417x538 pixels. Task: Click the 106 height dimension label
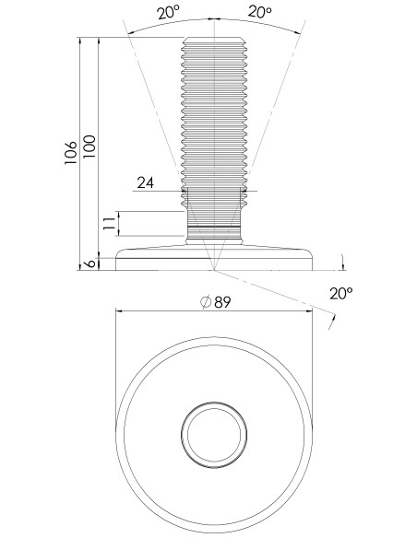[x=71, y=152]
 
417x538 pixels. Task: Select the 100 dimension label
[x=89, y=146]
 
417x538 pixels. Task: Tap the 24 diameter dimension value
[x=145, y=183]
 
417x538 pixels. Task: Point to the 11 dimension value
[x=109, y=223]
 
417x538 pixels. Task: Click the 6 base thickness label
[x=89, y=263]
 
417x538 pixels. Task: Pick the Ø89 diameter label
[x=215, y=302]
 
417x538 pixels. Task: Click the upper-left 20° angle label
[x=169, y=13]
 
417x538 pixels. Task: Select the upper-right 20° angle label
[x=259, y=12]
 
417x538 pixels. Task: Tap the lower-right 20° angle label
[x=340, y=293]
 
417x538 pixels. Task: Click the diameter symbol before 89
[x=206, y=302]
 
